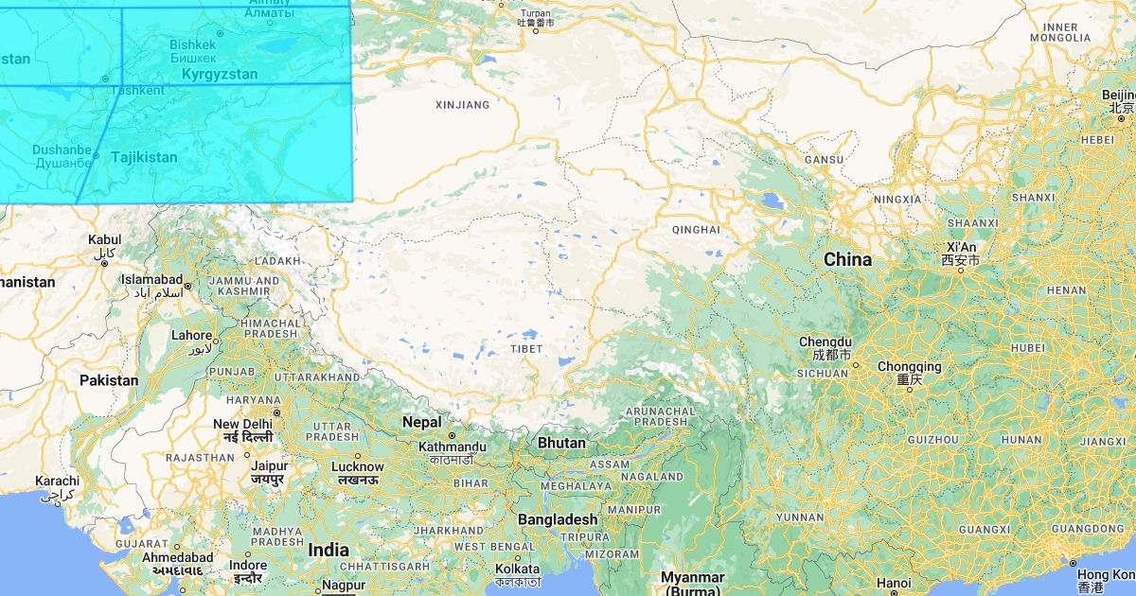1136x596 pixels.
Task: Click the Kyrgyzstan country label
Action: click(219, 74)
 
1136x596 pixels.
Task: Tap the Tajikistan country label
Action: click(144, 157)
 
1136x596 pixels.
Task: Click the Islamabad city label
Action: click(151, 279)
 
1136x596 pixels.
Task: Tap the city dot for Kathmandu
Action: click(453, 435)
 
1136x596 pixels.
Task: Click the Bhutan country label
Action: click(561, 443)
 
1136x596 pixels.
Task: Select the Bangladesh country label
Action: click(558, 519)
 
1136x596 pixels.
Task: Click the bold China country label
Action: click(847, 259)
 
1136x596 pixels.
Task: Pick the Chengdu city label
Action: click(825, 342)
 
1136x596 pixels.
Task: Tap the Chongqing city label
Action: click(909, 366)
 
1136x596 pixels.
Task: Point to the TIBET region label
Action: click(526, 349)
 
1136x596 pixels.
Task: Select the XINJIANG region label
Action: click(462, 105)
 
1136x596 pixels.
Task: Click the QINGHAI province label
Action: click(695, 230)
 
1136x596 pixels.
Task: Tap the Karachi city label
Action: click(57, 481)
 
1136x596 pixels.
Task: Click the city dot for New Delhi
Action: click(276, 412)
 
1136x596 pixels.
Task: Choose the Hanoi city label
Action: click(894, 583)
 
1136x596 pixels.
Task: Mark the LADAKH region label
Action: click(277, 261)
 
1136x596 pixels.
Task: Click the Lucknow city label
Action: click(357, 466)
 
